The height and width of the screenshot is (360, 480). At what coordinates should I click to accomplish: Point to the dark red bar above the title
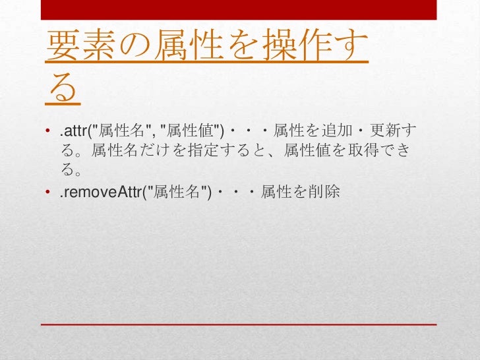(239, 9)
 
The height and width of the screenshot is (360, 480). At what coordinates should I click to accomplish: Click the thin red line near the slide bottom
(239, 324)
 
